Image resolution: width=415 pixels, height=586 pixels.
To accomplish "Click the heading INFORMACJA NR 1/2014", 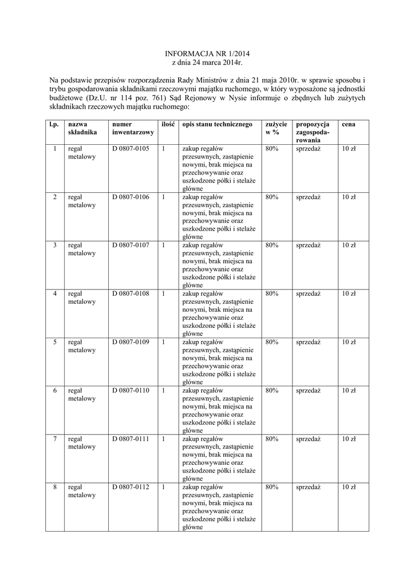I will (207, 52).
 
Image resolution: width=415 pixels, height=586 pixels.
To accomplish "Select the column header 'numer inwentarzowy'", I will (133, 128).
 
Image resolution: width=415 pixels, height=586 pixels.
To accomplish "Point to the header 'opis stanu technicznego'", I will (217, 124).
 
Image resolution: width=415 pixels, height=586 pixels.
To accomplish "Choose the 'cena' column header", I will (348, 124).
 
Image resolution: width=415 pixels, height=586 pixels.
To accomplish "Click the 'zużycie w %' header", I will (276, 128).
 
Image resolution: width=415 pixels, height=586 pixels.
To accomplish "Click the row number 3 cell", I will (55, 246).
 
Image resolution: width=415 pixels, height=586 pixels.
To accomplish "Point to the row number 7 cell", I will (55, 438).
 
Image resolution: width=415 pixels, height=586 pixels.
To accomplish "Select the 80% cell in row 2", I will (272, 197).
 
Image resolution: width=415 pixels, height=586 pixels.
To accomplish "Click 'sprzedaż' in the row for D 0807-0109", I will (308, 342).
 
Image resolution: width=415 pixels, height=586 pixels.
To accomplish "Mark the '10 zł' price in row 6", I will (349, 390).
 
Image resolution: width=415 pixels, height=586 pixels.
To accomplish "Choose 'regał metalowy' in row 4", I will (81, 298).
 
